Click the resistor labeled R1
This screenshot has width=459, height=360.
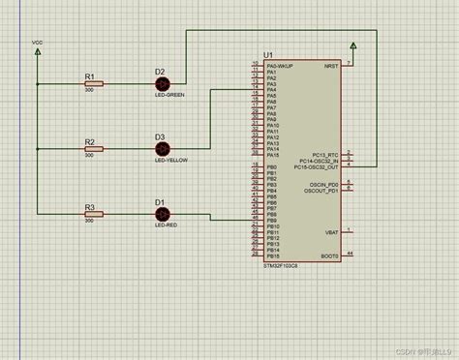coord(93,84)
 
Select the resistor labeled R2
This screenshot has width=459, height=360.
coord(93,150)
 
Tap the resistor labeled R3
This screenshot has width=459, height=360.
coord(93,216)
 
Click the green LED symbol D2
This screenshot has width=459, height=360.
coord(162,84)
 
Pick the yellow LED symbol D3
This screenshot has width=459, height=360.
coord(162,149)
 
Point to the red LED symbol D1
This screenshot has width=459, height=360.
coord(162,215)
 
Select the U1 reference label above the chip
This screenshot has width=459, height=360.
coord(268,54)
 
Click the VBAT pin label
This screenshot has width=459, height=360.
coord(330,231)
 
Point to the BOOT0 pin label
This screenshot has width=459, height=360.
coord(328,255)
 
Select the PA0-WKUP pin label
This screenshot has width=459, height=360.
coord(282,65)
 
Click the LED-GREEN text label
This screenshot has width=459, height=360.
coord(168,96)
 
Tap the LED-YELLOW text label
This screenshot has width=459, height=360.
coord(170,162)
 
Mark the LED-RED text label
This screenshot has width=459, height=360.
coord(166,225)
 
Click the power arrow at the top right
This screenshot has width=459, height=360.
coord(353,45)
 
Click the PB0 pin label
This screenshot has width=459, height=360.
coord(272,167)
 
